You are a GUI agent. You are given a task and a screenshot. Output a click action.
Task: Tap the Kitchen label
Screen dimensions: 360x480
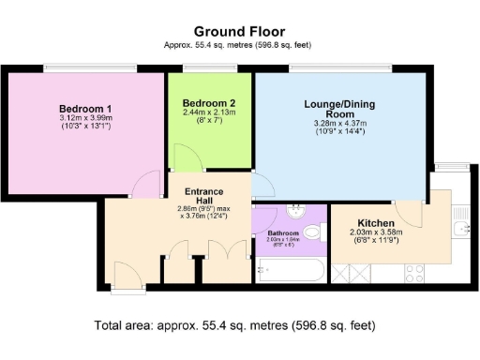[x=374, y=222]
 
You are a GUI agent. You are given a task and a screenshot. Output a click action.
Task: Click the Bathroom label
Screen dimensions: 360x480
[x=282, y=232]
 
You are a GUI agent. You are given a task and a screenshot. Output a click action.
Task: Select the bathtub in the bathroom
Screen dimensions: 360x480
[x=289, y=270]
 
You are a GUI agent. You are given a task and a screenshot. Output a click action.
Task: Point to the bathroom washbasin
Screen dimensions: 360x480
[x=295, y=211]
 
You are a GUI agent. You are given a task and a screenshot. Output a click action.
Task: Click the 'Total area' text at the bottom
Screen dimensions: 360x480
[x=234, y=326]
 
